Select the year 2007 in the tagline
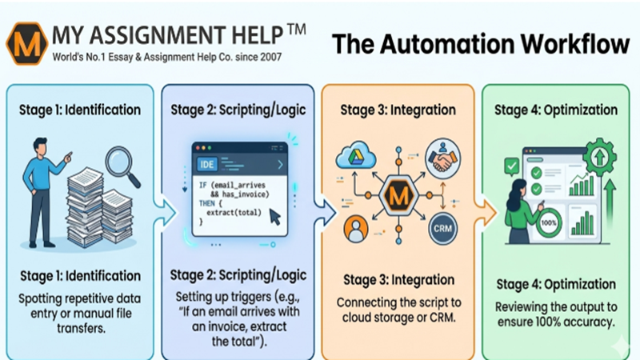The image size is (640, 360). (x=264, y=58)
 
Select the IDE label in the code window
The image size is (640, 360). (x=206, y=165)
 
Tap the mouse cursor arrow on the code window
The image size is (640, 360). (x=274, y=216)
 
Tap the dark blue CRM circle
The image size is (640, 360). (x=441, y=228)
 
